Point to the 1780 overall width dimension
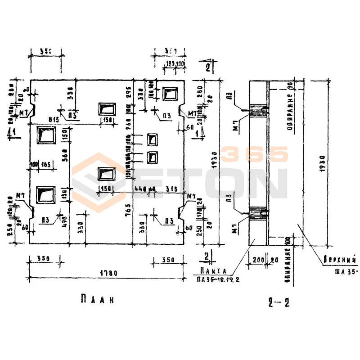click(x=107, y=273)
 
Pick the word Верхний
click(x=340, y=260)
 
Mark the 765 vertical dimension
click(x=128, y=208)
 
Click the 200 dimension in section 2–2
click(x=258, y=260)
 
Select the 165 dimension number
click(x=46, y=165)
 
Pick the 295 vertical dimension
click(x=128, y=92)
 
